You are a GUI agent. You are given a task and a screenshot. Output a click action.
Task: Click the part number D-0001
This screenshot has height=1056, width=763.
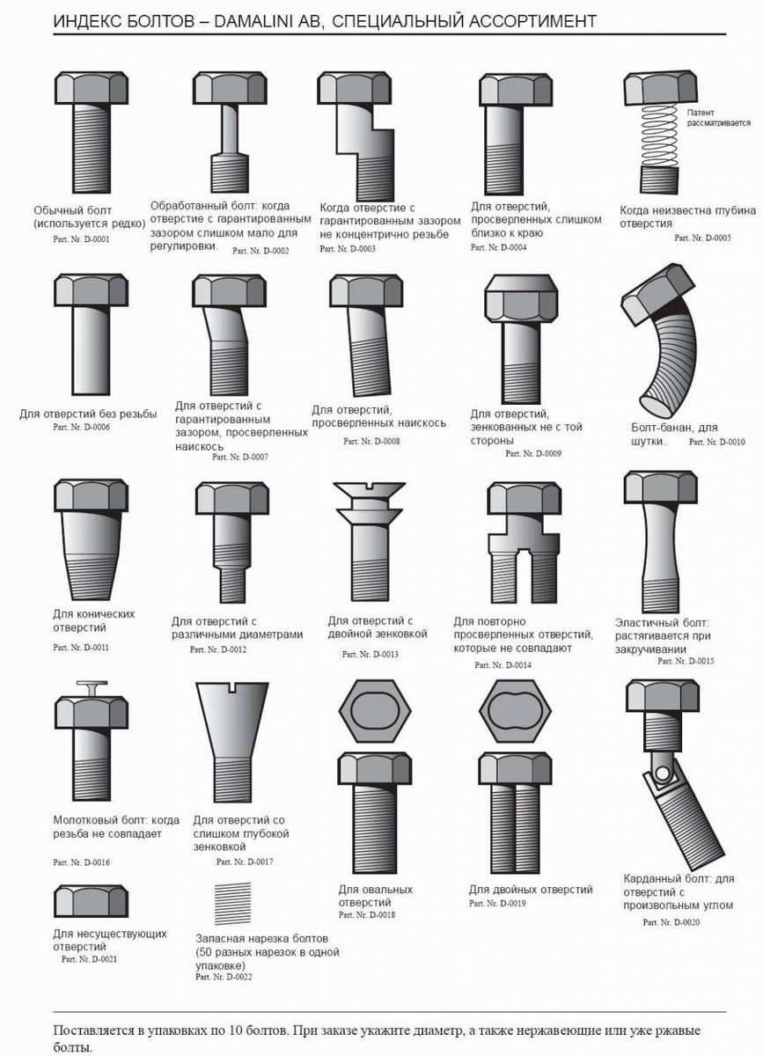click(81, 239)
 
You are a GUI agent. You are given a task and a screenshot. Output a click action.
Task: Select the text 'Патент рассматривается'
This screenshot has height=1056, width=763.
click(718, 118)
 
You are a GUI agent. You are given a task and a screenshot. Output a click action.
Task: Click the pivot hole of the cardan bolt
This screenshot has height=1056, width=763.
click(662, 774)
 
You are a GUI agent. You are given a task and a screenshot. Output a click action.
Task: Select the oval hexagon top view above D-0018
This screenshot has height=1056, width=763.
click(375, 710)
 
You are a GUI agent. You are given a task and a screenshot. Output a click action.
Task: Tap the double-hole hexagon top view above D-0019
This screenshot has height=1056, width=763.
click(515, 710)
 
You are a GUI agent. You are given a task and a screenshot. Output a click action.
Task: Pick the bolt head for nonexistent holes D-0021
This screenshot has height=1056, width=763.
click(91, 901)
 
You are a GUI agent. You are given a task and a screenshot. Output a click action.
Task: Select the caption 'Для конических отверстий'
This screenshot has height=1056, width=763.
click(93, 620)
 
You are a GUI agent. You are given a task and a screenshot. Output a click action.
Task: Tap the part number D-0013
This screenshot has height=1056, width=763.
click(370, 655)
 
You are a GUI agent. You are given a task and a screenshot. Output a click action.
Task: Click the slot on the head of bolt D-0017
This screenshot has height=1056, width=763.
click(232, 688)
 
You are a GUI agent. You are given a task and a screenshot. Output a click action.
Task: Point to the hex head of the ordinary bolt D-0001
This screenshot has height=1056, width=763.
click(91, 88)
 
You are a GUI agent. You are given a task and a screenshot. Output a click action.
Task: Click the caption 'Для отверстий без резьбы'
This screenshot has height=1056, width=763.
click(88, 414)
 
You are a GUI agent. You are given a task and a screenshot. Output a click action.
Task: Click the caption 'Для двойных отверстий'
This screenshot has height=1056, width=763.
click(531, 890)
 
